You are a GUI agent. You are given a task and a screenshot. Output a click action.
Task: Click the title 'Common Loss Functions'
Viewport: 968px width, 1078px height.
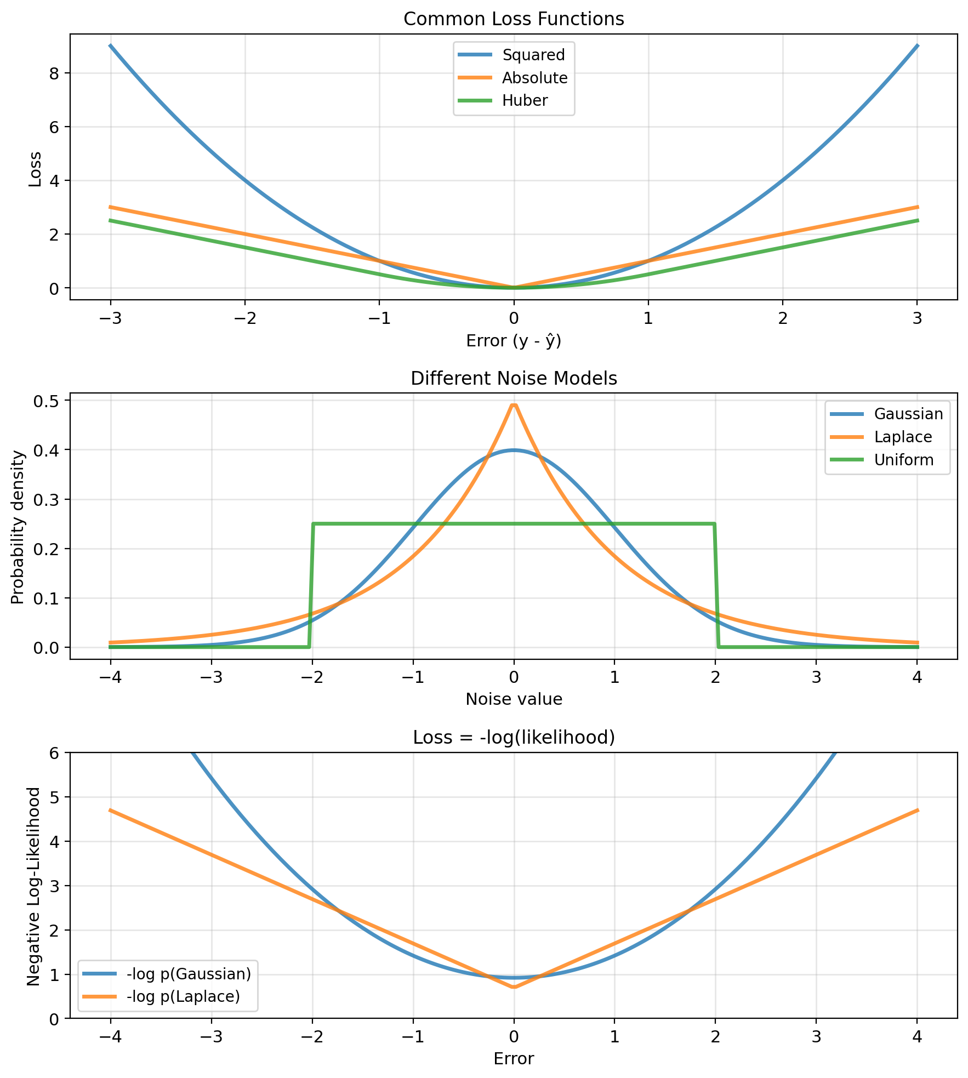point(514,20)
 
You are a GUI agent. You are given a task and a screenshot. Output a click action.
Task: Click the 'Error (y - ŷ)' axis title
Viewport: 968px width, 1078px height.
point(514,341)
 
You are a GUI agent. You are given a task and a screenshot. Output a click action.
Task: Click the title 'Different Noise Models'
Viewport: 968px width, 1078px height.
point(514,379)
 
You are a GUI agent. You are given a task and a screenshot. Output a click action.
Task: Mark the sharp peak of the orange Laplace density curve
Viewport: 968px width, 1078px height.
point(514,406)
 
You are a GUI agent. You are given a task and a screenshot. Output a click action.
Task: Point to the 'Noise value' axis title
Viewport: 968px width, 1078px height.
point(514,699)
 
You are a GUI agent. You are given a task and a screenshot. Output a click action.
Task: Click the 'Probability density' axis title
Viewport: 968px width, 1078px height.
point(18,527)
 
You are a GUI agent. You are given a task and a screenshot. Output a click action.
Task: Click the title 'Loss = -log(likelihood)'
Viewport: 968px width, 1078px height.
point(514,738)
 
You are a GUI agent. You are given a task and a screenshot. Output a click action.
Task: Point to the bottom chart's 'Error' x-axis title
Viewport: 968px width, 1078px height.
point(514,1059)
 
